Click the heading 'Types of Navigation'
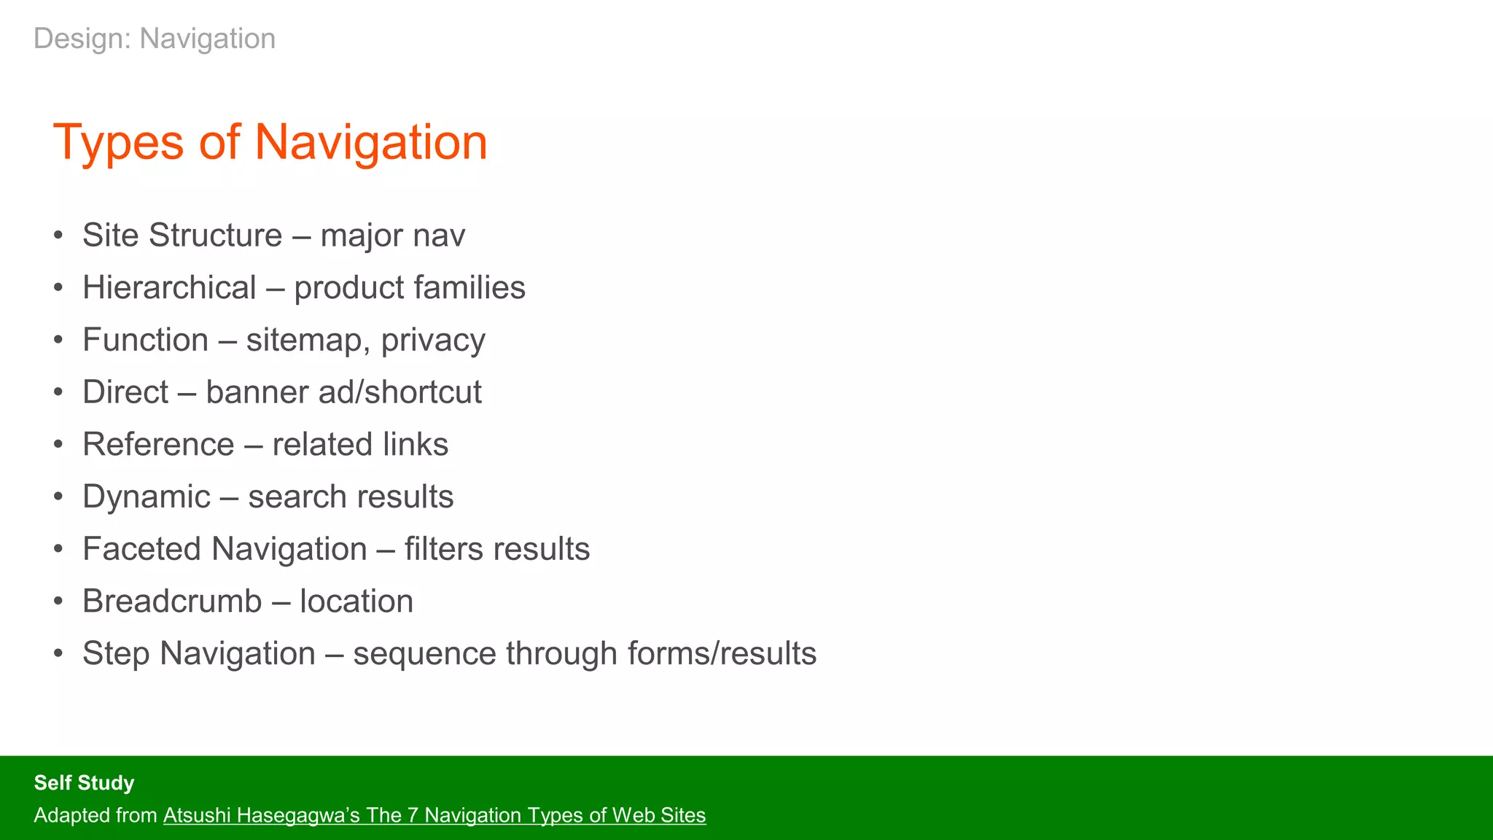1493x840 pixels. click(x=270, y=142)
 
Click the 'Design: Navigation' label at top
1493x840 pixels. click(x=155, y=39)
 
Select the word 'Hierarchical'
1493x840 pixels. click(x=169, y=288)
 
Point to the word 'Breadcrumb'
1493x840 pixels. click(x=172, y=602)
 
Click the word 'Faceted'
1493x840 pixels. click(x=142, y=549)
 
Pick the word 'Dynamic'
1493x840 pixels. click(x=146, y=497)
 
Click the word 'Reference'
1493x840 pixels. click(x=158, y=445)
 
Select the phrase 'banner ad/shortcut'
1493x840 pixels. click(x=343, y=392)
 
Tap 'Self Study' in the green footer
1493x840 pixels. click(x=84, y=783)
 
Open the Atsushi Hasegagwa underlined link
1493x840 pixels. click(x=434, y=815)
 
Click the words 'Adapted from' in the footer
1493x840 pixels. click(x=95, y=815)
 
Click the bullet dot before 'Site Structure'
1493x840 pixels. click(x=58, y=236)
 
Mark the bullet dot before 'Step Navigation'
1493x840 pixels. click(x=58, y=654)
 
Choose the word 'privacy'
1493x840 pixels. click(x=433, y=341)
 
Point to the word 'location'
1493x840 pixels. click(x=356, y=602)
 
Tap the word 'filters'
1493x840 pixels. click(x=442, y=549)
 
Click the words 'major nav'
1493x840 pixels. click(x=393, y=236)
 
